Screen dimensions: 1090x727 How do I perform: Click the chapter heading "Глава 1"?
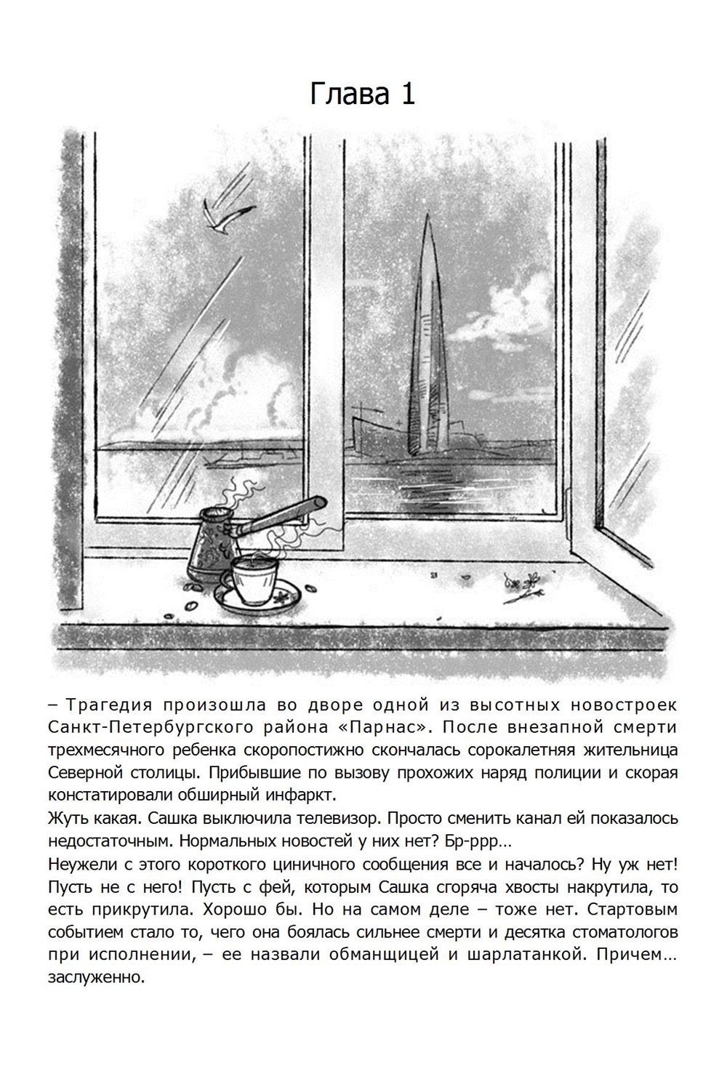coord(362,94)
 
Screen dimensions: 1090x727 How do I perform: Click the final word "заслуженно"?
coord(96,977)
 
